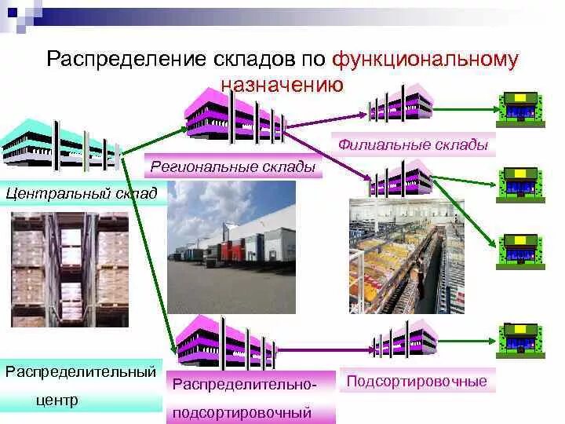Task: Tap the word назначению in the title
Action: pyautogui.click(x=282, y=84)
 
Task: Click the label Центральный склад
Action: pyautogui.click(x=82, y=192)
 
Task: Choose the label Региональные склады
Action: pyautogui.click(x=232, y=166)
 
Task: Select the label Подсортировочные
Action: pyautogui.click(x=417, y=382)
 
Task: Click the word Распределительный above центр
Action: pyautogui.click(x=81, y=371)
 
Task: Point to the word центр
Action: pyautogui.click(x=57, y=400)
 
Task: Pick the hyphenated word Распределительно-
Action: pyautogui.click(x=245, y=386)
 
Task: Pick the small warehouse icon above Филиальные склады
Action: pyautogui.click(x=401, y=102)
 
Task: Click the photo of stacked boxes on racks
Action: pyautogui.click(x=70, y=269)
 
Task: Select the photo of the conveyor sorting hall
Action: pyautogui.click(x=406, y=256)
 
